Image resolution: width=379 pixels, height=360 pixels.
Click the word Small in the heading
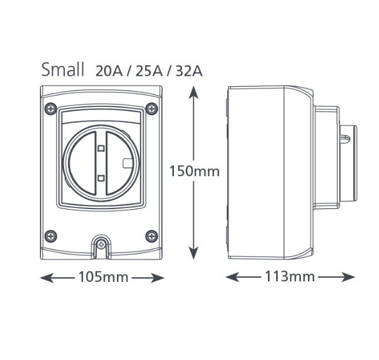coord(63,69)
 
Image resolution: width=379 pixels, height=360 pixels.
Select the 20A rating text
coord(110,71)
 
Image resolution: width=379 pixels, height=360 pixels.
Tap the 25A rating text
coord(150,71)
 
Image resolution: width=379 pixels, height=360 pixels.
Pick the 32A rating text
coord(189,71)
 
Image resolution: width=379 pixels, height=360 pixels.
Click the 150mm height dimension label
coord(194,171)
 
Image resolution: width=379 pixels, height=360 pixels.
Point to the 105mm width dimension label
coord(103,277)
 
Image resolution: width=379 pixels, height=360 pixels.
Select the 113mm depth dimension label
coord(290,277)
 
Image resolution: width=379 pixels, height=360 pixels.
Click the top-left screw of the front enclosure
coord(51,108)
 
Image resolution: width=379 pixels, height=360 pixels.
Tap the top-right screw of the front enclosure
coord(152,108)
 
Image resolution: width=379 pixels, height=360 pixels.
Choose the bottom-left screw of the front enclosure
coord(51,236)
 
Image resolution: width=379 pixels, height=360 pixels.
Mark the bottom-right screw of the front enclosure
coord(152,236)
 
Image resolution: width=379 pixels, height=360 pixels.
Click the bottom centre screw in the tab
coord(102,243)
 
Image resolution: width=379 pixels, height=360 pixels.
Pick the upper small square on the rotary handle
coord(101,149)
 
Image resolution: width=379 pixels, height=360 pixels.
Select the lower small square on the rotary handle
coord(101,177)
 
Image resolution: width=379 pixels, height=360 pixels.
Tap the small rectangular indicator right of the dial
coord(127,163)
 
